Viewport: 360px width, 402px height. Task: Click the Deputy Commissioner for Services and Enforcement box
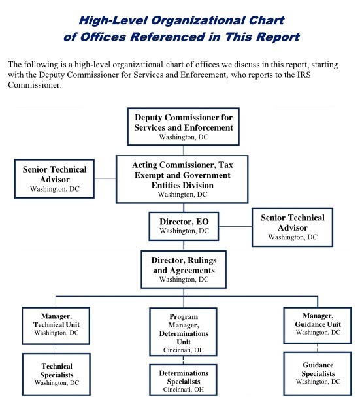tap(184, 127)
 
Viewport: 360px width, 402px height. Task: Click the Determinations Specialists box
tap(184, 380)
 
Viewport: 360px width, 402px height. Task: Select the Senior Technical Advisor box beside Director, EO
tap(292, 227)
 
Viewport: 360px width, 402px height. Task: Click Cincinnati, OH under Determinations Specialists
tap(184, 389)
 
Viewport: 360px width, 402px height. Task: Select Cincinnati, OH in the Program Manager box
tap(184, 350)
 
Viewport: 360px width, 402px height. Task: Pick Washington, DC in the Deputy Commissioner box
tap(184, 137)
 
